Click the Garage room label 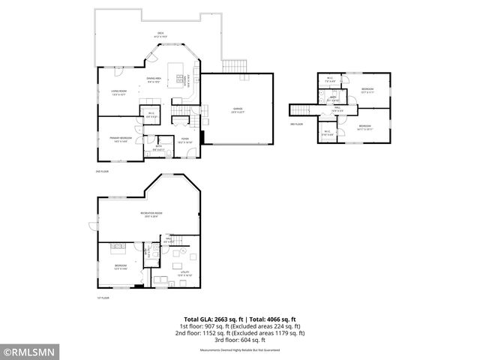[238, 110]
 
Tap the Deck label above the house [160, 32]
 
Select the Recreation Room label [151, 214]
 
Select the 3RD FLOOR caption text [296, 124]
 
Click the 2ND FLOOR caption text [103, 172]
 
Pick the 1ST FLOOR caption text [103, 298]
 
